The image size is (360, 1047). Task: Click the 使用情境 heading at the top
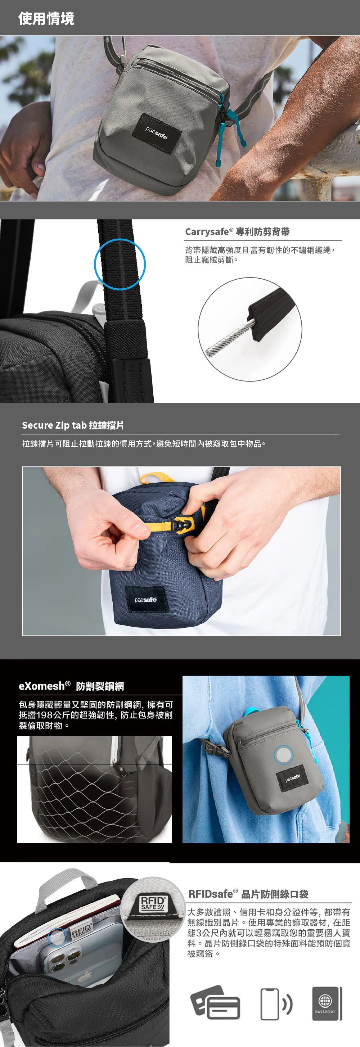[46, 19]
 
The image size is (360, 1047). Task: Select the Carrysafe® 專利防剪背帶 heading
[237, 232]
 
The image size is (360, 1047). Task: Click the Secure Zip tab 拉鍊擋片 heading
[73, 425]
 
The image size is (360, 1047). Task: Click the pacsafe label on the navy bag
[146, 600]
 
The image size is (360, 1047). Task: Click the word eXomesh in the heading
[42, 686]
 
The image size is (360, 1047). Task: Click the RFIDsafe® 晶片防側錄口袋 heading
[248, 894]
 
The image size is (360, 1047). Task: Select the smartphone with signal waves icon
[276, 1004]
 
